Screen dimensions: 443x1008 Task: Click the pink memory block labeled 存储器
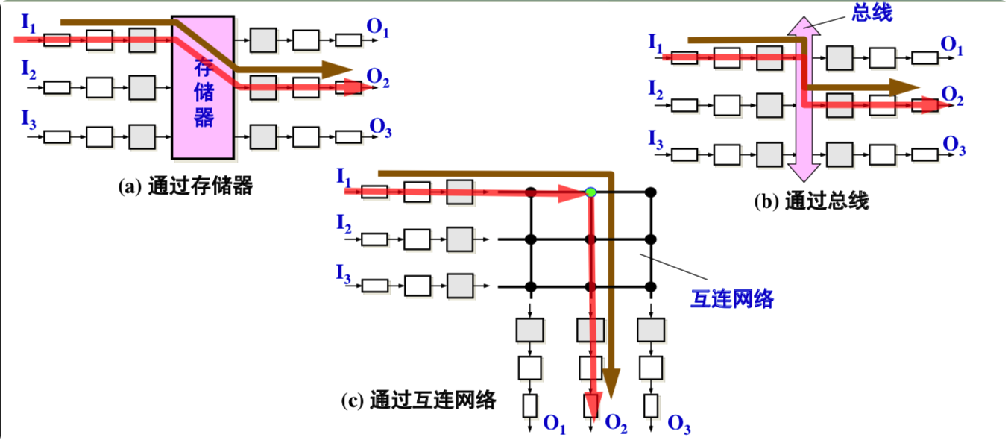coord(203,86)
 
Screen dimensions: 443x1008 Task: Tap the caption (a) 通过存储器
coord(186,186)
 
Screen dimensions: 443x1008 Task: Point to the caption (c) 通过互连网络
coord(418,400)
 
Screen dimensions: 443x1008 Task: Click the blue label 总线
coord(872,12)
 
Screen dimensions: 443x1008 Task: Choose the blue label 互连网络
coord(731,299)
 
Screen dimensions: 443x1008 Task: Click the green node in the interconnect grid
coord(590,192)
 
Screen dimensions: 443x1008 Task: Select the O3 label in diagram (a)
coord(380,128)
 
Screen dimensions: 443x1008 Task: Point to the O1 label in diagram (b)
coord(952,45)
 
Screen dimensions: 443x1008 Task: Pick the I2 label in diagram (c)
coord(343,224)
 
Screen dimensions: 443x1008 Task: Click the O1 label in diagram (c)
coord(554,424)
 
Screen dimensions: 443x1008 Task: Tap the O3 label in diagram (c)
coord(678,424)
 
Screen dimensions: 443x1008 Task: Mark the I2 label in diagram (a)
coord(28,71)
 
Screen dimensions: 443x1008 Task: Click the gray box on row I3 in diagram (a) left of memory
coord(142,136)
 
